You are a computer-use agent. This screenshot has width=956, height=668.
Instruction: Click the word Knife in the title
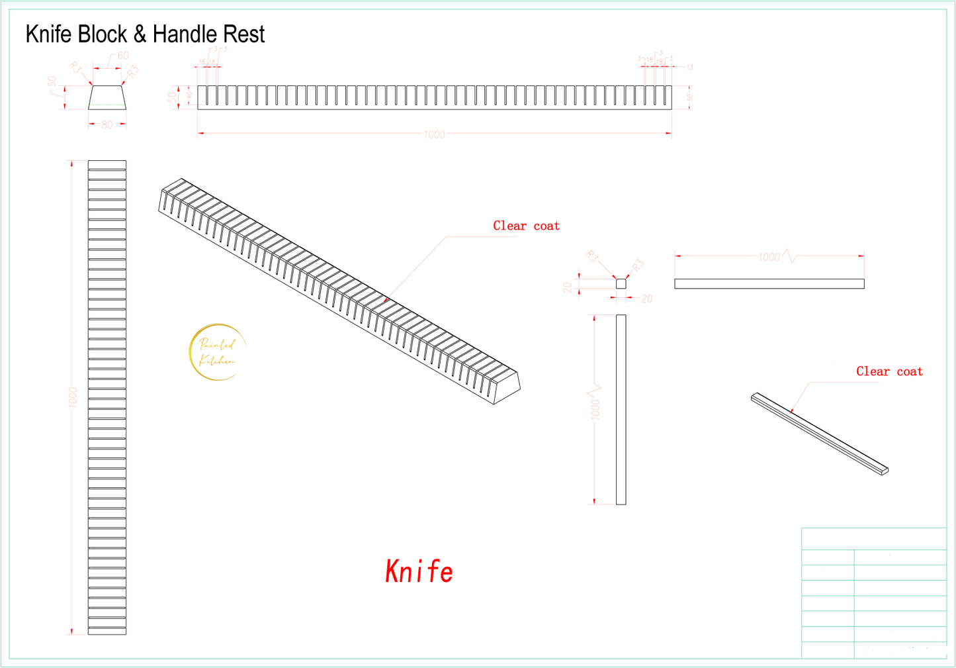pos(48,34)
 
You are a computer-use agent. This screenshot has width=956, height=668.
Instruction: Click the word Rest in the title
pos(244,34)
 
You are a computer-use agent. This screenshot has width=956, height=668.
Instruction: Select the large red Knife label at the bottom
pos(419,571)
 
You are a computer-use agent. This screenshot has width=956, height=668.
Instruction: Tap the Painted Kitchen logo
pos(217,352)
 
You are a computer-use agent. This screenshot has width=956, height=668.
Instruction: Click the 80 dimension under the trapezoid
pos(107,124)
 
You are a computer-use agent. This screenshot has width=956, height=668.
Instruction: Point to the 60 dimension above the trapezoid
pos(123,56)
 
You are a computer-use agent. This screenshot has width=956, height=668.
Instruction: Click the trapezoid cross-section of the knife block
pos(107,96)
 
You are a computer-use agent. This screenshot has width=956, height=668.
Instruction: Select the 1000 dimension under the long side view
pos(435,134)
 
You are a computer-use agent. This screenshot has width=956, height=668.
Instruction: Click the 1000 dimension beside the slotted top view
pos(72,397)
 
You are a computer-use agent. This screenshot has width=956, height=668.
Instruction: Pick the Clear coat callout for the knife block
pos(527,226)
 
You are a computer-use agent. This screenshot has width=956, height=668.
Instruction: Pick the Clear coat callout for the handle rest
pos(890,371)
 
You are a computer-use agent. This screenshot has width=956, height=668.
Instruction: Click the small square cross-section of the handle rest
pos(621,284)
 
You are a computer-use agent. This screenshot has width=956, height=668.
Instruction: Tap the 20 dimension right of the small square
pos(646,299)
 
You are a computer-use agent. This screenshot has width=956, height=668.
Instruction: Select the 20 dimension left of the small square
pos(568,287)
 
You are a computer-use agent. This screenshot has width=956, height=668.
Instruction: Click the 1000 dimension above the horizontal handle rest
pos(769,257)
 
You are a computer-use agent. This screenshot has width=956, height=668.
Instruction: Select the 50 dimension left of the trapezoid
pos(51,82)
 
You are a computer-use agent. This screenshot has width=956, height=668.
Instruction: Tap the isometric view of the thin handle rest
pos(820,434)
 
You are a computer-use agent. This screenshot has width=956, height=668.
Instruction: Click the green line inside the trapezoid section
pos(107,105)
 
